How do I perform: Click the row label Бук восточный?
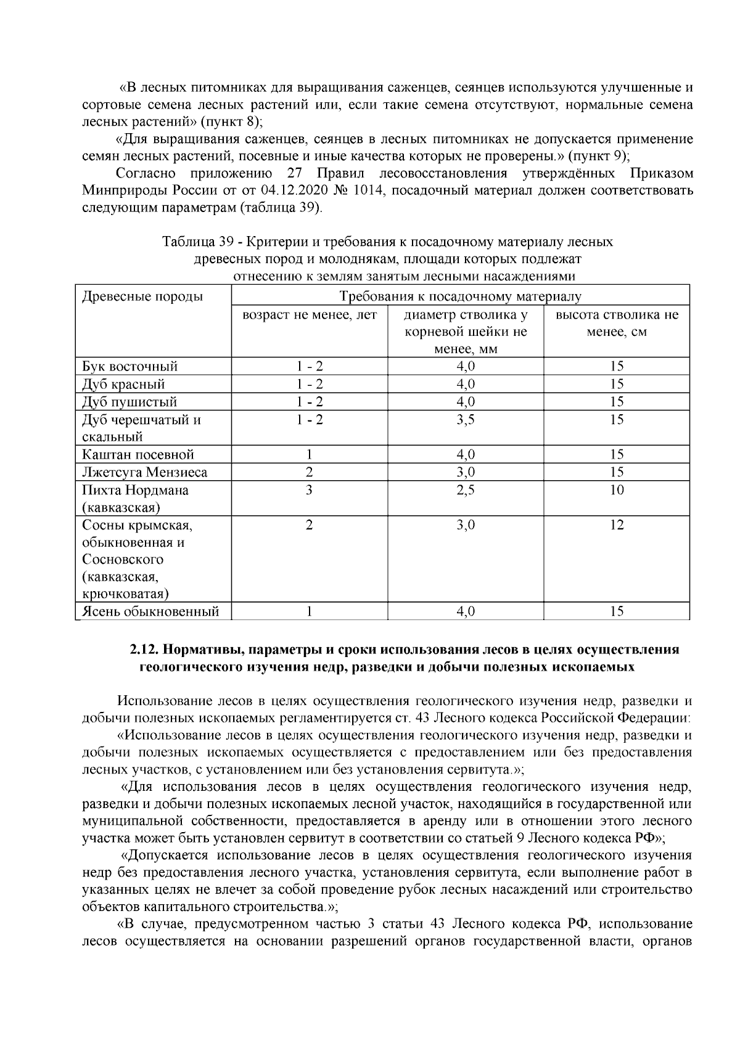tap(130, 367)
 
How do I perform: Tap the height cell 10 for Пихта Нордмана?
tap(617, 491)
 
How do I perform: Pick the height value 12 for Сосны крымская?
tap(617, 525)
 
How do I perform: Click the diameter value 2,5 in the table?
tap(466, 491)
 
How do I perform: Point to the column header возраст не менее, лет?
tap(310, 316)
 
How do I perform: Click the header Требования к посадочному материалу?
tap(460, 297)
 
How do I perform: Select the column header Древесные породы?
tap(142, 297)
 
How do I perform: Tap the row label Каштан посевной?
tap(138, 455)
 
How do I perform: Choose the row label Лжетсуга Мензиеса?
tap(145, 473)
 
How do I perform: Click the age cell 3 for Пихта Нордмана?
tap(309, 491)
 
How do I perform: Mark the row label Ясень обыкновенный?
tap(151, 612)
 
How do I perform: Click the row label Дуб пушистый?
tap(129, 402)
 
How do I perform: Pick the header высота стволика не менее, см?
tap(617, 324)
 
